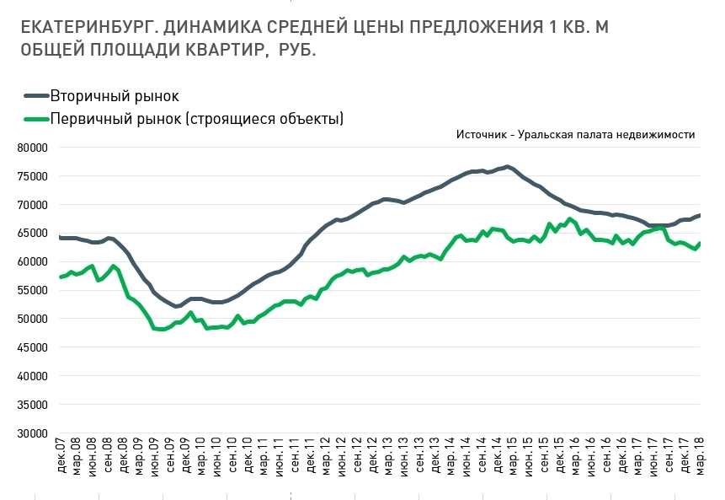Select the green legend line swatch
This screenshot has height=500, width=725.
click(x=35, y=119)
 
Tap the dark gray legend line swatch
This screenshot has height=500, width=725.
click(x=35, y=96)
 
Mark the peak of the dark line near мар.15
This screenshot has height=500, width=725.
click(x=507, y=166)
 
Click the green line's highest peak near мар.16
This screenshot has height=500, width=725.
click(x=571, y=219)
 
